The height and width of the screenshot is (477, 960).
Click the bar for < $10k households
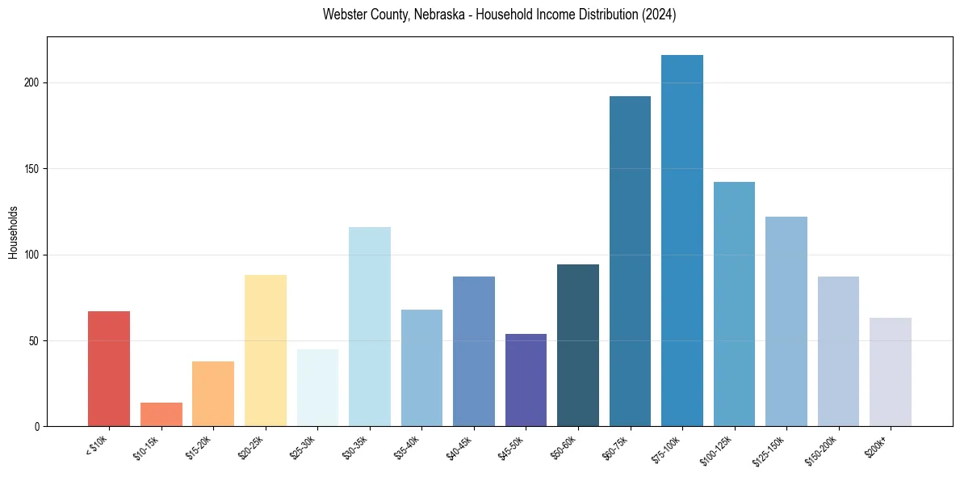click(x=109, y=369)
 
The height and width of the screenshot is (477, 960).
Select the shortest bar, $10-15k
click(x=161, y=414)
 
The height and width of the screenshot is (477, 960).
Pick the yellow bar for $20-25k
click(x=266, y=351)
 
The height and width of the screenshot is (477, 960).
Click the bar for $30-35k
click(x=370, y=327)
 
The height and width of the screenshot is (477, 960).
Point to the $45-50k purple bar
click(x=526, y=380)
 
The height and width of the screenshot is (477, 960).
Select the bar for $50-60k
click(x=578, y=345)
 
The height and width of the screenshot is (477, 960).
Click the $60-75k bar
click(x=630, y=261)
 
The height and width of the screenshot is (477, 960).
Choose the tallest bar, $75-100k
click(x=682, y=241)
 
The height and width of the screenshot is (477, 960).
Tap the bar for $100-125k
click(x=734, y=304)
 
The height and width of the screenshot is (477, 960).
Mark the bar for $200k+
click(x=891, y=372)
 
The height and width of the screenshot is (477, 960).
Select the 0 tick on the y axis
click(x=36, y=427)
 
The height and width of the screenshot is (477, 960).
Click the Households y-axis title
click(x=13, y=231)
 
